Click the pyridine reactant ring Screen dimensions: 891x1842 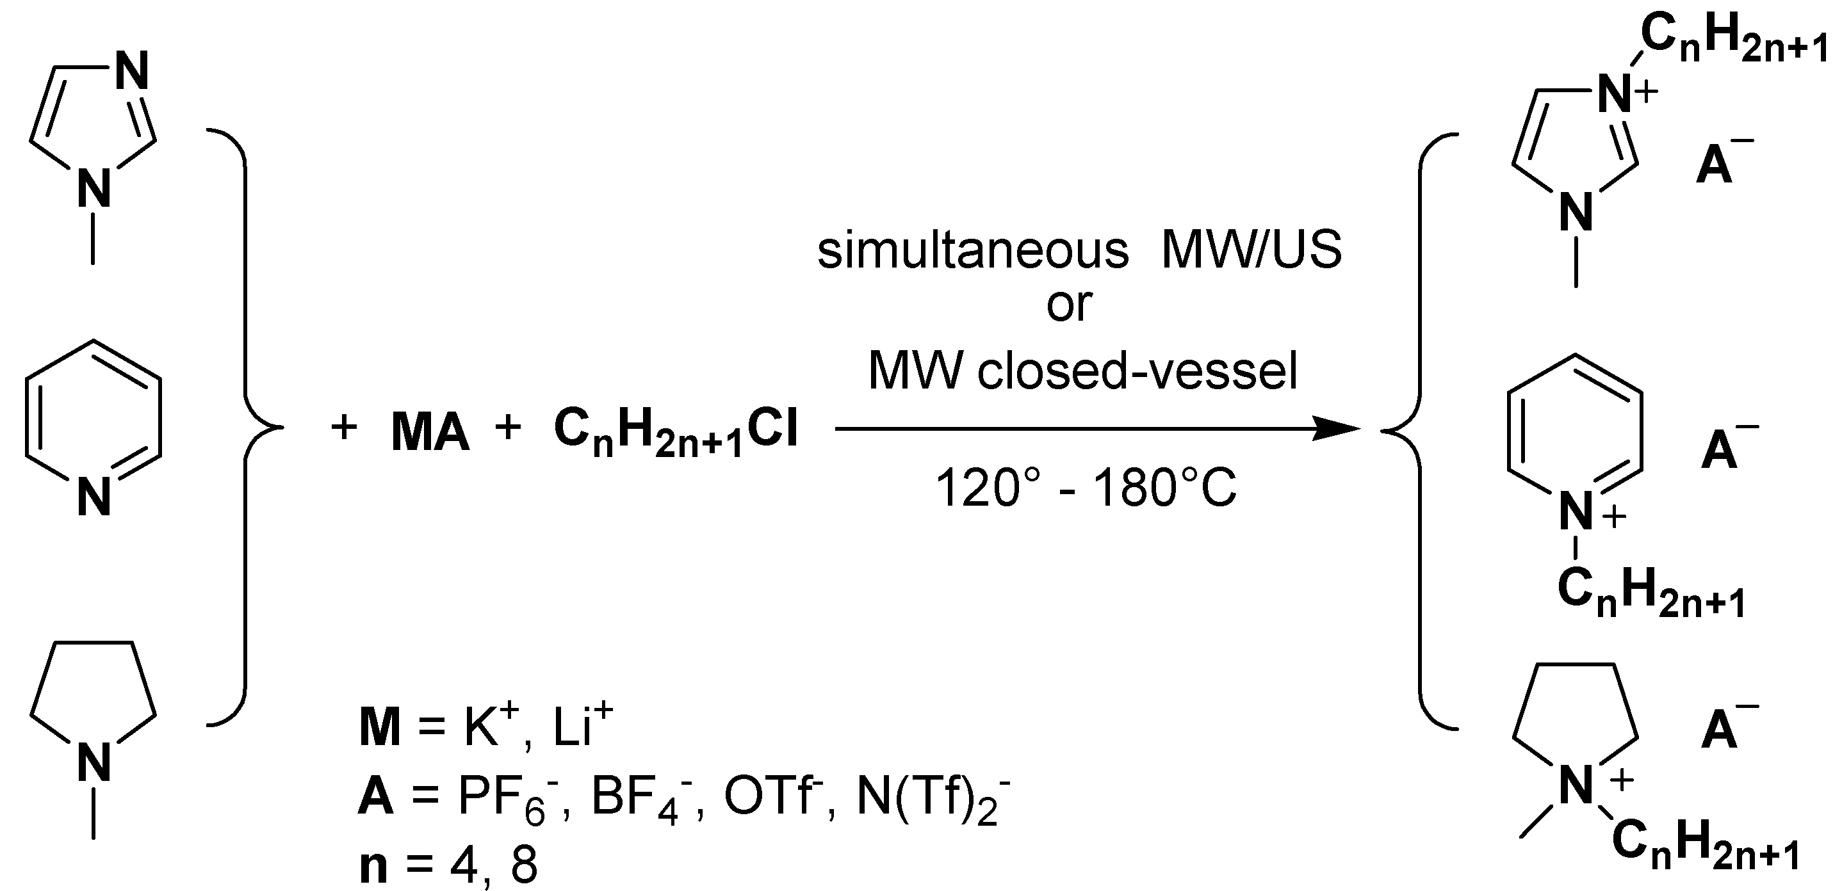coord(93,422)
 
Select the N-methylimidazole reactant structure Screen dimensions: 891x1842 coord(93,136)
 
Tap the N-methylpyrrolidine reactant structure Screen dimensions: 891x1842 coord(93,707)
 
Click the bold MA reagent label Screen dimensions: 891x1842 coord(430,433)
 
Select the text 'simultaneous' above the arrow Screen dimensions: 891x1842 coord(972,252)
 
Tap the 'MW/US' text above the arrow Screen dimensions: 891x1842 coord(1251,252)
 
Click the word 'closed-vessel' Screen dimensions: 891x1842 coord(1137,371)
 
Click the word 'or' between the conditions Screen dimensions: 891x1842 coord(1069,305)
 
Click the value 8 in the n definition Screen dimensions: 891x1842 coord(523,866)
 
